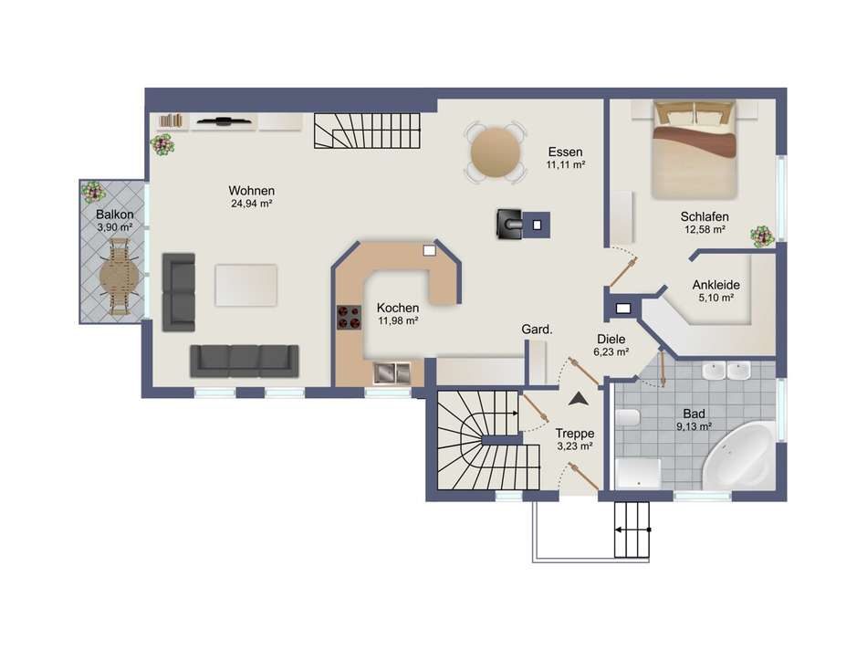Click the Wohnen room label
pos(252,191)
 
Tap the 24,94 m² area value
pos(252,204)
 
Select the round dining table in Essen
pos(496,152)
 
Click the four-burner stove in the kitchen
pos(349,318)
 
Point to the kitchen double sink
pos(392,372)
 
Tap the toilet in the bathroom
pos(628,417)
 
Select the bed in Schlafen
pos(695,150)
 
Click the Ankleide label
pos(716,285)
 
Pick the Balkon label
pos(114,215)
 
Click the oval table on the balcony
pos(120,276)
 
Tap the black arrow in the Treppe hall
pos(579,400)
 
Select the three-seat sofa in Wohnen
pos(245,362)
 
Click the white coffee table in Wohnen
pos(246,285)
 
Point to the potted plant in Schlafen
pos(762,236)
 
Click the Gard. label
pos(537,330)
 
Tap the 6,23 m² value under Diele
pos(611,351)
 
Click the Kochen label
pos(398,308)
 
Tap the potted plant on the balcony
pos(93,192)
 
